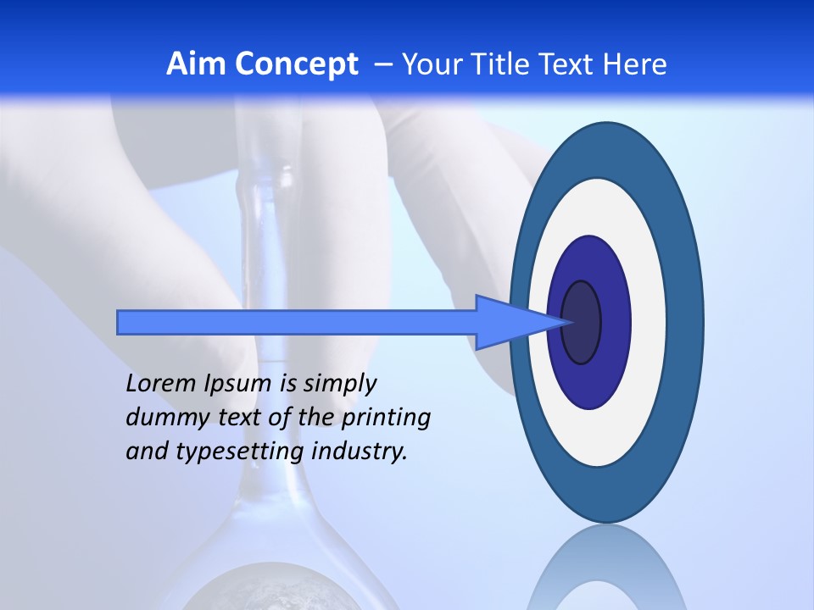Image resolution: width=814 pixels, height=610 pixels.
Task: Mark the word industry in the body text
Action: [x=360, y=452]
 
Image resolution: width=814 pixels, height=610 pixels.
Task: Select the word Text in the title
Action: [x=568, y=64]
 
